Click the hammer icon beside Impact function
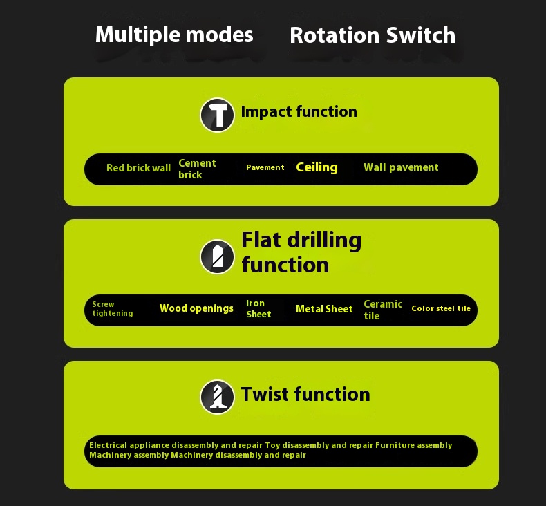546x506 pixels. (217, 115)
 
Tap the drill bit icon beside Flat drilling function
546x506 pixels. (217, 256)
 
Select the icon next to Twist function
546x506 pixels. (217, 397)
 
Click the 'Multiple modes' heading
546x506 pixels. (174, 35)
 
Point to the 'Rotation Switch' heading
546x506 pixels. (373, 35)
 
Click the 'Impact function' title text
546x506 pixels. (299, 112)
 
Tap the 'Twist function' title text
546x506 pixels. (305, 395)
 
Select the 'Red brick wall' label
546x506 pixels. (139, 168)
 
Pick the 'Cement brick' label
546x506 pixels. (197, 169)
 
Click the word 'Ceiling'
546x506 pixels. (317, 167)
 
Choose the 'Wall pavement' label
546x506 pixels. (401, 167)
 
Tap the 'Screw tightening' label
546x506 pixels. (113, 309)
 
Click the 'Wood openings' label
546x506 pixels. (196, 308)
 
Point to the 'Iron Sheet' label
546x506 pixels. (258, 309)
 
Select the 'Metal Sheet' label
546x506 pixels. (324, 309)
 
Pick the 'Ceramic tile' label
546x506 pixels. (383, 310)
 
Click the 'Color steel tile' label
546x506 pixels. (441, 308)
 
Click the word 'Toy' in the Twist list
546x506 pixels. (272, 446)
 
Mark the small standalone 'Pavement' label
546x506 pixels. (265, 167)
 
